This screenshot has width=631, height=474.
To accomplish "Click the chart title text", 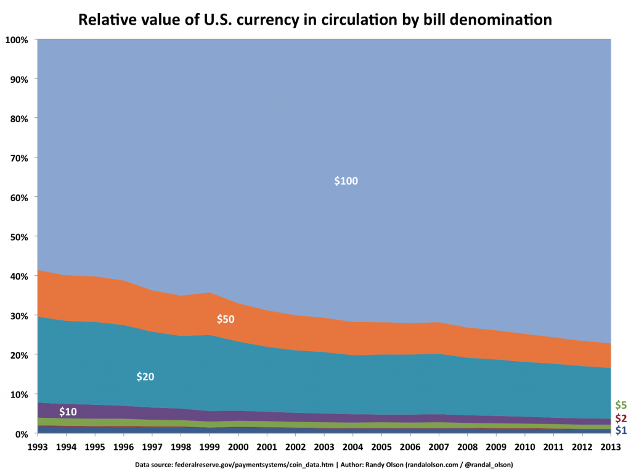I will [315, 20].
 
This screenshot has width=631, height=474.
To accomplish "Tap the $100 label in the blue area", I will [346, 181].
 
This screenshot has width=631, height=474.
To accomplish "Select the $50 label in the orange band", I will [226, 319].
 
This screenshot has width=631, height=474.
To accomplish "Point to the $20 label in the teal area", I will [145, 376].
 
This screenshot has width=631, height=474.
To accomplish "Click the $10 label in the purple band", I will [68, 412].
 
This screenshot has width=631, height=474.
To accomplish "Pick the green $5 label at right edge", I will [621, 405].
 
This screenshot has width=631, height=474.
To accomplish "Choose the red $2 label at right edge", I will [621, 419].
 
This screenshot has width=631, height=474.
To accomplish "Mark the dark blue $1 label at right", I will [621, 430].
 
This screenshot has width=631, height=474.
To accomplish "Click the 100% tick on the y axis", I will [17, 40].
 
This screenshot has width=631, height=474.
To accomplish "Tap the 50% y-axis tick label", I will [19, 237].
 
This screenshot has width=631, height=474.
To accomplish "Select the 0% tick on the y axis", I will [22, 434].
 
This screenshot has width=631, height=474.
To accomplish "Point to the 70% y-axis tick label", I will [19, 158].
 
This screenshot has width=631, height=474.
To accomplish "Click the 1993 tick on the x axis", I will [37, 446].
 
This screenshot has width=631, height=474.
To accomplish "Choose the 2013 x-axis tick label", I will [610, 446].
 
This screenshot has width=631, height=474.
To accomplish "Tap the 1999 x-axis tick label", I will [209, 446].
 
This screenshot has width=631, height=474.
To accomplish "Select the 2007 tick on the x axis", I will [438, 446].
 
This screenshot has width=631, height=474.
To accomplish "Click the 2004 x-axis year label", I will [352, 446].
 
